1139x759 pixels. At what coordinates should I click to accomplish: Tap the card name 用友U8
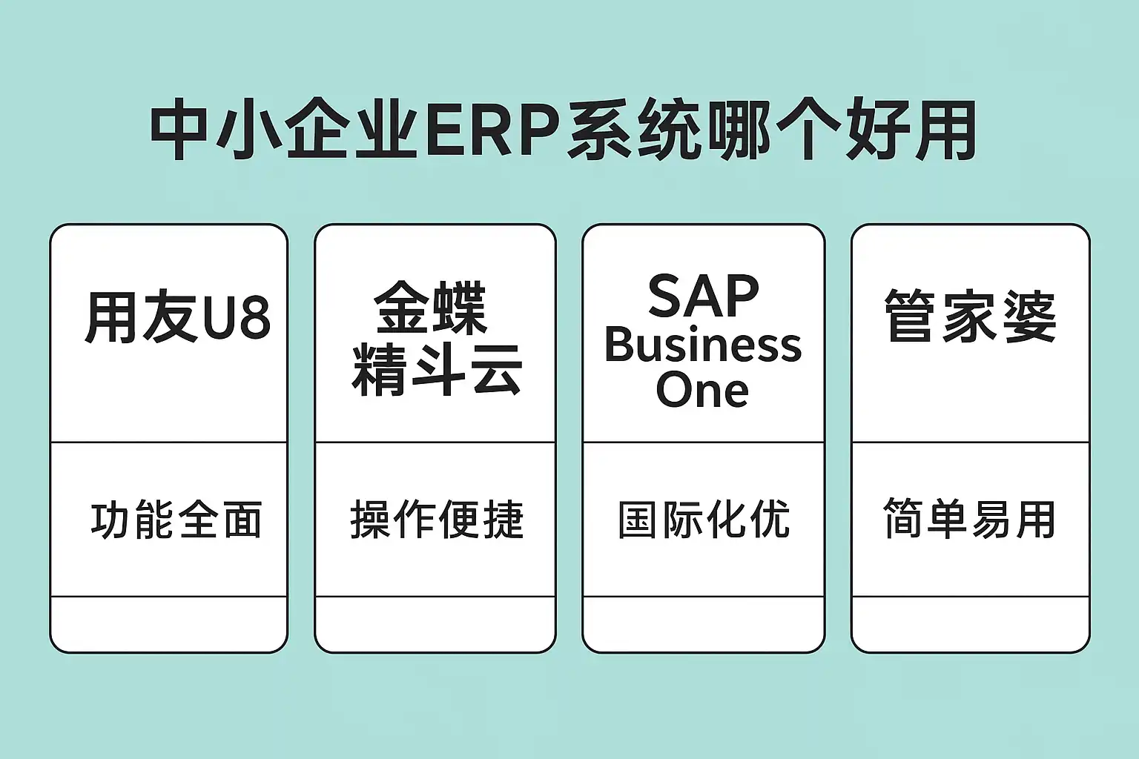pos(177,317)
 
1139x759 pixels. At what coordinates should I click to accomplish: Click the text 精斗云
pos(436,368)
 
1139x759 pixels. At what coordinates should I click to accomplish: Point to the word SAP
pos(703,296)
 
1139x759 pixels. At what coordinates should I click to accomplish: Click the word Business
pos(703,345)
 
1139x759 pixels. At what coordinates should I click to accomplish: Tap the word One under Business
pos(702,391)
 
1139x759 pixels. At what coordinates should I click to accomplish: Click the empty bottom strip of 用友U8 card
pos(168,623)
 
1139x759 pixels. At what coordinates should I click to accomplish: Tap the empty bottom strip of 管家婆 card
pos(970,623)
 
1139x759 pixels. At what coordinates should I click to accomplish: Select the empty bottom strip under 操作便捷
pos(435,623)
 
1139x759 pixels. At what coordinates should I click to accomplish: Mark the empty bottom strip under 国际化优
pos(703,623)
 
